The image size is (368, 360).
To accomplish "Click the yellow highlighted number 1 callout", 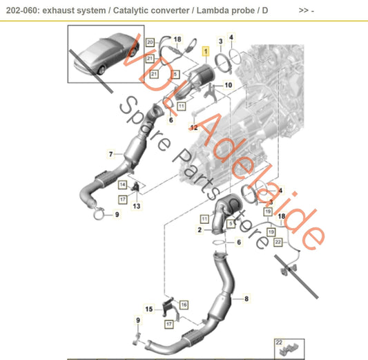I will (x=204, y=51).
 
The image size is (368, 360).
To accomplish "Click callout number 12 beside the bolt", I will (x=194, y=128).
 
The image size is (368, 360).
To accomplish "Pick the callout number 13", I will (x=137, y=207).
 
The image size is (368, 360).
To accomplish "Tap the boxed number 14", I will (x=122, y=185).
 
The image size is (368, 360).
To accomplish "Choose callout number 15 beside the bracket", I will (x=148, y=308).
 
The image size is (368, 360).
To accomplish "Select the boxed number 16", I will (x=184, y=304).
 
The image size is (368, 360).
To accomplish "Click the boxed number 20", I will (x=149, y=42).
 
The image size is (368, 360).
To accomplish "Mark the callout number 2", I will (x=200, y=229).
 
